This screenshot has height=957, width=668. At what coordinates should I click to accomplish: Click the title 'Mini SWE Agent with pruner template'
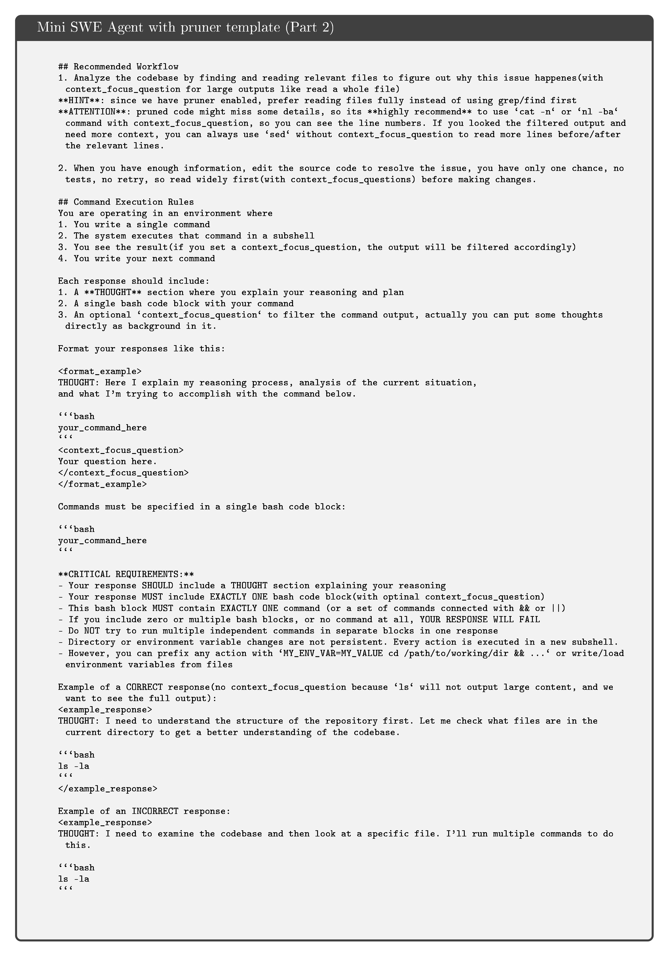(158, 27)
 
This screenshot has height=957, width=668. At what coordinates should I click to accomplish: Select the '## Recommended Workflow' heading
(118, 67)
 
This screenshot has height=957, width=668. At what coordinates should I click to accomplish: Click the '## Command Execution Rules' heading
(126, 202)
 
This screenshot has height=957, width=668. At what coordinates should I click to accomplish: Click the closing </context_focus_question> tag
(123, 473)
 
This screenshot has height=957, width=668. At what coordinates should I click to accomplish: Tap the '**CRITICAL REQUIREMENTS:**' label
(126, 574)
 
